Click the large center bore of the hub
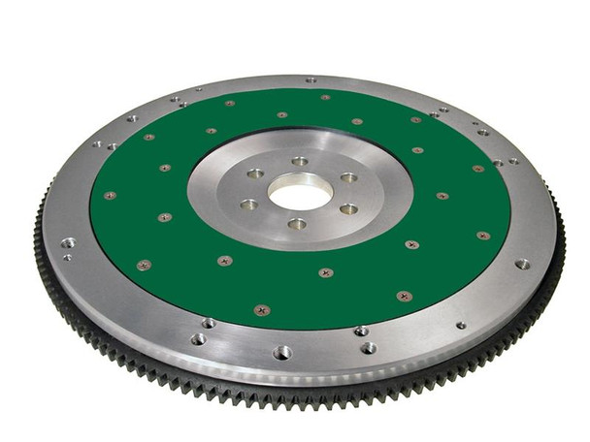pos(300,192)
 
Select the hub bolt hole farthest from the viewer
pos(300,161)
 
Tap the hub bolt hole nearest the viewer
pos(298,224)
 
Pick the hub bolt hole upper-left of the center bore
pos(255,174)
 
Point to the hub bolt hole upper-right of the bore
pos(347,177)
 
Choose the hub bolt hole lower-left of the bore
pos(249,205)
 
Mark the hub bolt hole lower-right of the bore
pos(347,208)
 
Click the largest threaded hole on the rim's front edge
pos(282,352)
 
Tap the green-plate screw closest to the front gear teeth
pos(260,310)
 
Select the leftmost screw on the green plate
pos(110,195)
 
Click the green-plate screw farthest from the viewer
pos(325,96)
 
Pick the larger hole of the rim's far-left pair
pos(67,242)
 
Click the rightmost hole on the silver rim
pos(522,263)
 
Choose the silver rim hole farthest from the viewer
pos(311,79)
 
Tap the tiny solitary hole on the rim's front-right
pos(461,325)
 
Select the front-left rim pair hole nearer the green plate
pos(210,322)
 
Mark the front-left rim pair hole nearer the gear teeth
pos(198,339)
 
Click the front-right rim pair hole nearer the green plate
pos(361,331)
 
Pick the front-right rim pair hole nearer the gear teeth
pos(369,347)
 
